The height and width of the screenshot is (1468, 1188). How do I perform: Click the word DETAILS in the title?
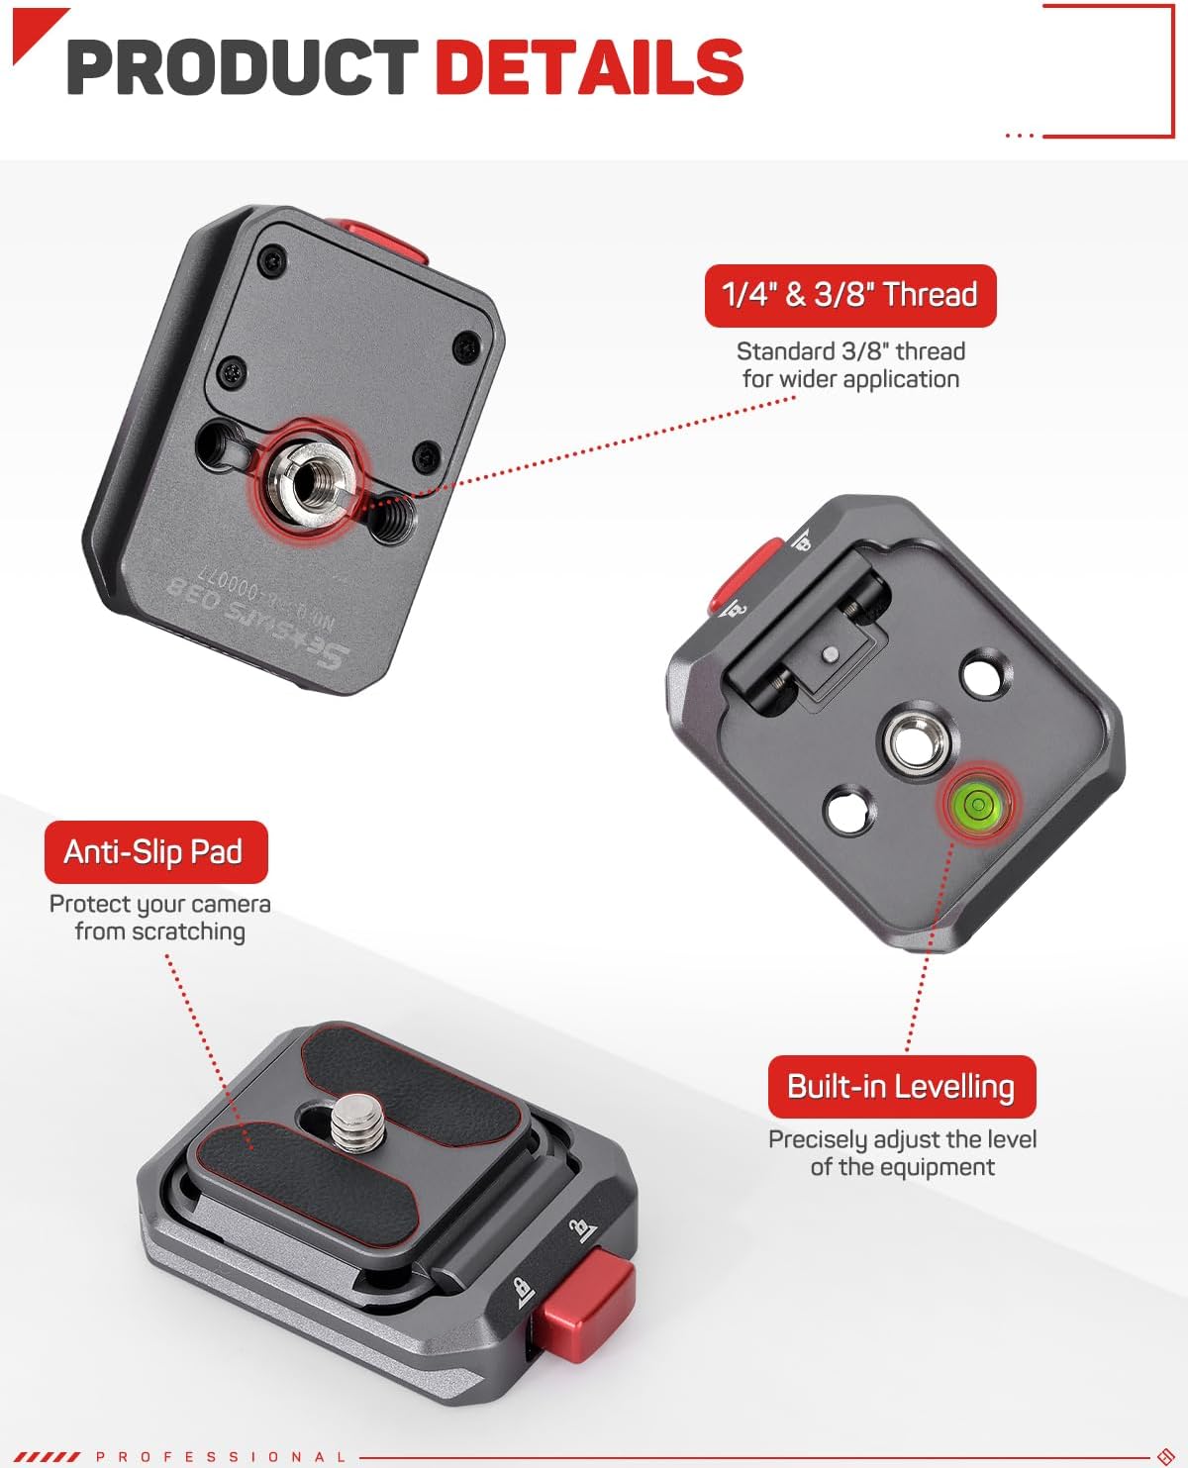point(589,67)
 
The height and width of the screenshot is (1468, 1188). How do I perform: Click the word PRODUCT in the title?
point(243,67)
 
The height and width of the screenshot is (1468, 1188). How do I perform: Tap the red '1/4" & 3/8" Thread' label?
point(849,295)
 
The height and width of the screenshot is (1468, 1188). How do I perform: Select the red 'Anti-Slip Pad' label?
point(155,851)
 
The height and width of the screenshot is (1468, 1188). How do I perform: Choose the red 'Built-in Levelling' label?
point(901,1086)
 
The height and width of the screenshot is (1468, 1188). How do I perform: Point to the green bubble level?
point(976,803)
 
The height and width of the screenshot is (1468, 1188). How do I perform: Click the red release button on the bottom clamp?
point(586,1298)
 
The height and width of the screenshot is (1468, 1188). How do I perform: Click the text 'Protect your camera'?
point(159,904)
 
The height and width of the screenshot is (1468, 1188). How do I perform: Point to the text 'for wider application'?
point(850,379)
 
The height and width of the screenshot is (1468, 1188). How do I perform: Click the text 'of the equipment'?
point(902,1167)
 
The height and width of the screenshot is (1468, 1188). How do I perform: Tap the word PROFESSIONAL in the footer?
point(222,1457)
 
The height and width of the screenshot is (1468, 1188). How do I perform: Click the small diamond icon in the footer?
point(1165,1456)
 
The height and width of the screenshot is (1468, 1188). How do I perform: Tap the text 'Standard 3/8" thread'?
point(850,351)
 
